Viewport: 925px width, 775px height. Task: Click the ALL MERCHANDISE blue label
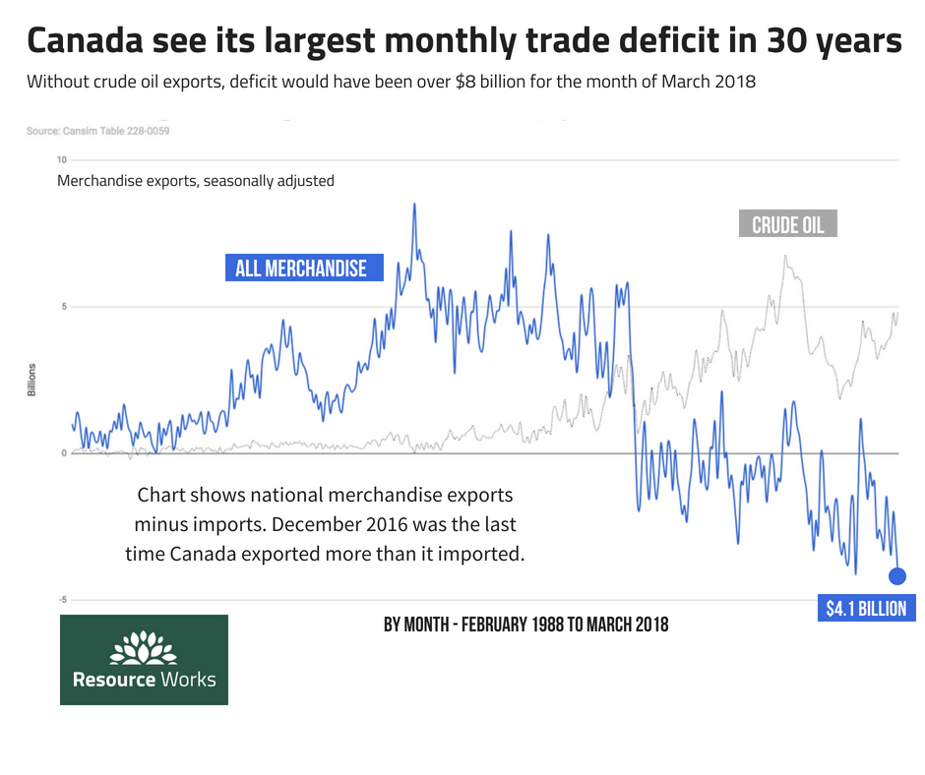[301, 268]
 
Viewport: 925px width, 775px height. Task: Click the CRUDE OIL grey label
[787, 225]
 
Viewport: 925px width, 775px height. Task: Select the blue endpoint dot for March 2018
[897, 576]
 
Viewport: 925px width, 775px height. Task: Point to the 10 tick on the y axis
[62, 160]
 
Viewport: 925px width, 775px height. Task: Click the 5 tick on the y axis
[63, 307]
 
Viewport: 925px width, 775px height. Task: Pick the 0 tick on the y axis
[63, 453]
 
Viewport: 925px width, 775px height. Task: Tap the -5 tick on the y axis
[61, 600]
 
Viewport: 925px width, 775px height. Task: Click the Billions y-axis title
[32, 380]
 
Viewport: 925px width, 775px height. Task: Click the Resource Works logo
[144, 660]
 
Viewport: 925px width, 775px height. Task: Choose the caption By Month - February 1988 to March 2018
[525, 625]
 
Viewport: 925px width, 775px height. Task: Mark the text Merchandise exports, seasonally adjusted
[196, 181]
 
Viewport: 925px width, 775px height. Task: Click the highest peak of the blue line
[414, 205]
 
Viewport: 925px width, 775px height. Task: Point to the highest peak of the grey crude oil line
[785, 256]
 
